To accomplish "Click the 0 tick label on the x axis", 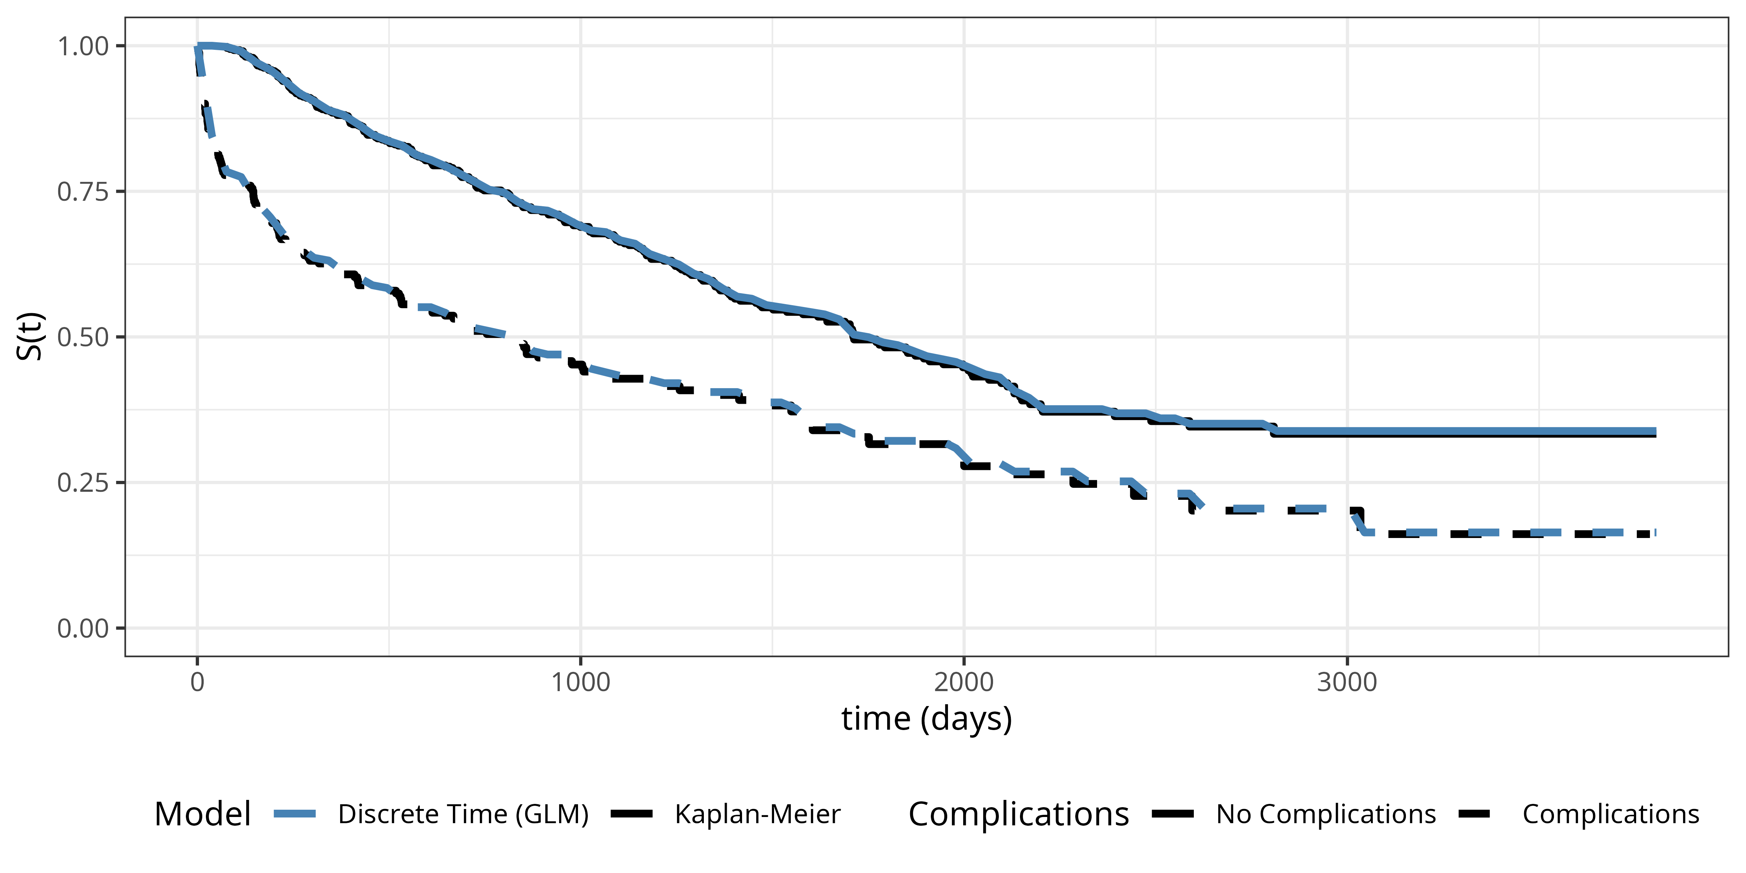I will click(197, 682).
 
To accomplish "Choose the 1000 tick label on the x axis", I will click(580, 682).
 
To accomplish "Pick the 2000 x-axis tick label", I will click(963, 682).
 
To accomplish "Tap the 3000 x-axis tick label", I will click(1347, 682).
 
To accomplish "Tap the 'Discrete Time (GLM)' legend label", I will click(463, 814).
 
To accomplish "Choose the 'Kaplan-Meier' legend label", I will click(757, 814).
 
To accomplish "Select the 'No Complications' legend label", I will click(1326, 814).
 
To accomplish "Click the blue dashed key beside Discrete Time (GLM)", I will click(295, 814).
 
